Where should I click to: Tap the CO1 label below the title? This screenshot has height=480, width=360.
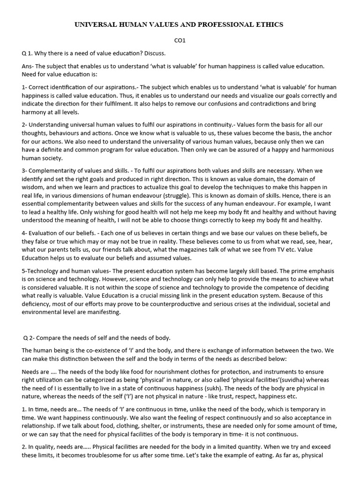(x=180, y=41)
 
